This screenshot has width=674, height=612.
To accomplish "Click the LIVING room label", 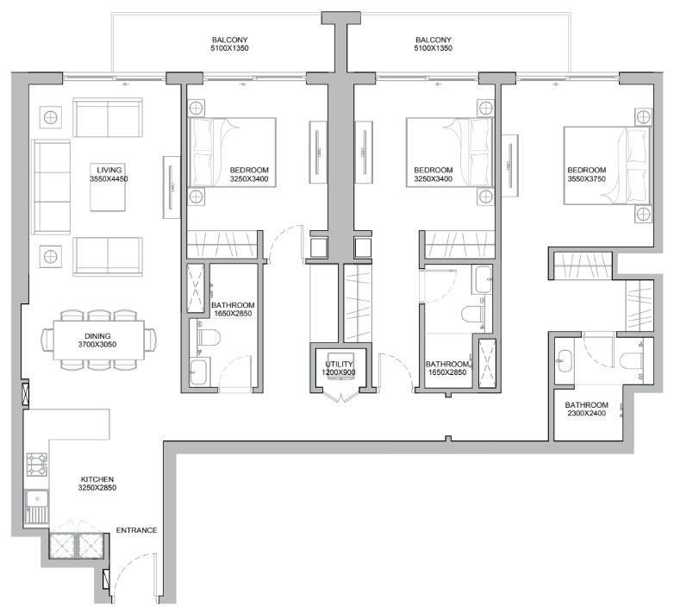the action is point(109,174).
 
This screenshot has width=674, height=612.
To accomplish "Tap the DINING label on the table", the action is point(97,340).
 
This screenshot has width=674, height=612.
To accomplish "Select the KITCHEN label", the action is point(97,484).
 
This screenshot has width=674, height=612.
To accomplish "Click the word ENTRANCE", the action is point(137,530).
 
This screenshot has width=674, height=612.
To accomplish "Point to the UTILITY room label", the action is point(339,368).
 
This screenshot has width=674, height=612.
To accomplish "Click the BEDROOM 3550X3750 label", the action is point(587,174).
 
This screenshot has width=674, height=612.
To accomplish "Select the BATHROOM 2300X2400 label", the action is point(587,409).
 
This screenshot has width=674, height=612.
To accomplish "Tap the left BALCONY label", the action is point(229,44).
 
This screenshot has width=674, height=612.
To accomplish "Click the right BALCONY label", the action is point(434,44).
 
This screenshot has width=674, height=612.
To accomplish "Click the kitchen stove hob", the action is point(36,465).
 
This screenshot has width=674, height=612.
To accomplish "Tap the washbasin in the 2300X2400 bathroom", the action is point(564,360).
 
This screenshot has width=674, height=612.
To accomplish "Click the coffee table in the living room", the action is point(108,187).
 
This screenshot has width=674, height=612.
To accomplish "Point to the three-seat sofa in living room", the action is point(51,187).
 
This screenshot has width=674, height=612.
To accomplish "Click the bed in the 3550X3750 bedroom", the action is point(607,165).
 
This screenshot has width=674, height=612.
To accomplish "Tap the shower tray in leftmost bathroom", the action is point(196,288).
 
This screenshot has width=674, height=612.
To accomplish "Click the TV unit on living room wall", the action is point(172,187).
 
